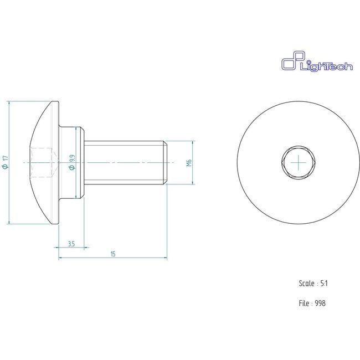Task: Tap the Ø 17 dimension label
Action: [x=5, y=163]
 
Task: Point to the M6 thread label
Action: [x=188, y=162]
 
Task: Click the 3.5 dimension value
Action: [x=71, y=243]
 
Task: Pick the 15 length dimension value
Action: [x=113, y=254]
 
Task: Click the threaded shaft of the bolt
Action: [x=125, y=162]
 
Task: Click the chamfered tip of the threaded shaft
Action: [x=166, y=162]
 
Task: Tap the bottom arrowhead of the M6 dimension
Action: [x=193, y=182]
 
